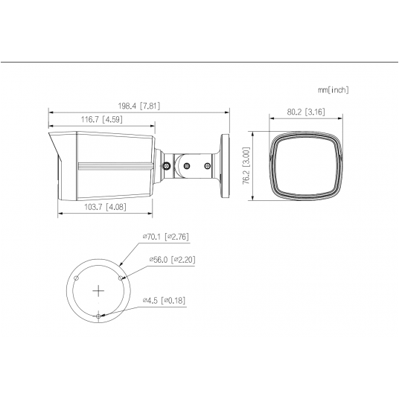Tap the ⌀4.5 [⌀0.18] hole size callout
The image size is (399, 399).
(x=167, y=301)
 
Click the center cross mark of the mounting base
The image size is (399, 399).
(x=99, y=289)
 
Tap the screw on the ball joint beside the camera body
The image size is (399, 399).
(x=168, y=165)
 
